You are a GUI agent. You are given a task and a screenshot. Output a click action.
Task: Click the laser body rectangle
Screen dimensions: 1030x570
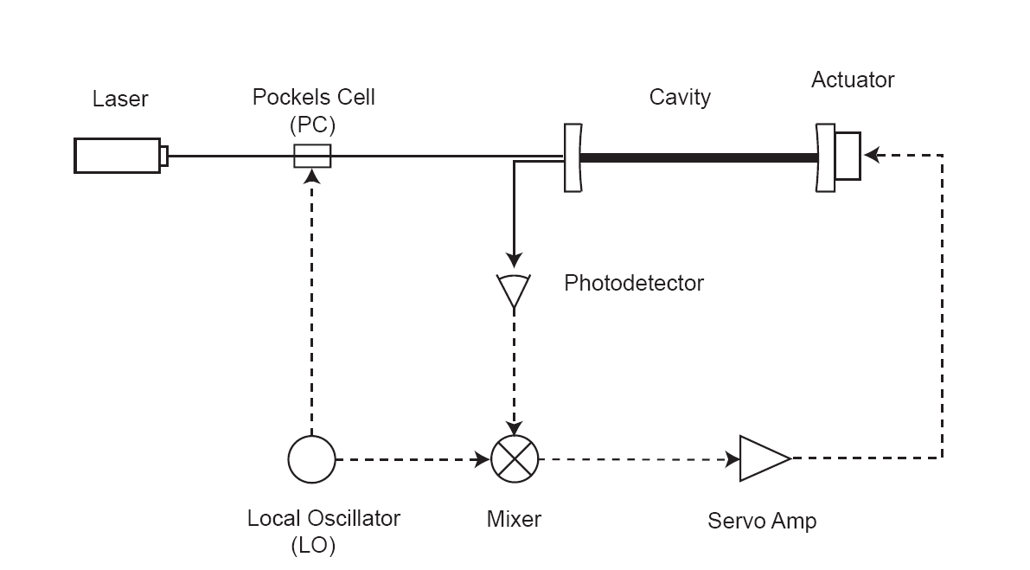[118, 156]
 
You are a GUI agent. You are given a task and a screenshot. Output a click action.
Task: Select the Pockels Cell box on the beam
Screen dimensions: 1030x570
[312, 157]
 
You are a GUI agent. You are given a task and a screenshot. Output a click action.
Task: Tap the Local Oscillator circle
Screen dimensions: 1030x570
[312, 459]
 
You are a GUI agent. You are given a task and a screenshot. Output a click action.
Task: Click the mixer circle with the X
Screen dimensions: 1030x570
[515, 459]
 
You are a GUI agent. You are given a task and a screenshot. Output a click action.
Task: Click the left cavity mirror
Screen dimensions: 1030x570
[573, 157]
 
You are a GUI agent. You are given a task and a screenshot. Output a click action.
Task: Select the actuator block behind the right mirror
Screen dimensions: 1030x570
[848, 157]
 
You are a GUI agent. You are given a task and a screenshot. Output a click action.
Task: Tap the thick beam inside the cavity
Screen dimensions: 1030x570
[699, 157]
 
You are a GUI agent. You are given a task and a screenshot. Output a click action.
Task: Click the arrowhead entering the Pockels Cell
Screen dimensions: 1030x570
[312, 176]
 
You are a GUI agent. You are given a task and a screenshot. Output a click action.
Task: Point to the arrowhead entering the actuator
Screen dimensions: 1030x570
[871, 156]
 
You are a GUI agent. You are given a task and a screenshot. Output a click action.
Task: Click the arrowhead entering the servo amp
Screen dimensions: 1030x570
[733, 459]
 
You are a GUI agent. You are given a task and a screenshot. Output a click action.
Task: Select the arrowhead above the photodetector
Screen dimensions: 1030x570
[514, 259]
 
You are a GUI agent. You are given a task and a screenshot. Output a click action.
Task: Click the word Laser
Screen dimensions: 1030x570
[120, 99]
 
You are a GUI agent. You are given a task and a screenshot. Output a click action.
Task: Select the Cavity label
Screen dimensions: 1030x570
[680, 97]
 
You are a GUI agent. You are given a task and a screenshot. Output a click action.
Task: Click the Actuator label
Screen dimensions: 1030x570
[853, 80]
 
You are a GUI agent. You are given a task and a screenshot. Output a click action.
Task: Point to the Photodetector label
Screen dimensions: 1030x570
[634, 283]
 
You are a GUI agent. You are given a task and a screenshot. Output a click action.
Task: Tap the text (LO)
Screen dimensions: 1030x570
[313, 545]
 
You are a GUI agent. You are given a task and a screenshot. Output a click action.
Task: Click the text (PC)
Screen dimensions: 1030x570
[313, 125]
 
